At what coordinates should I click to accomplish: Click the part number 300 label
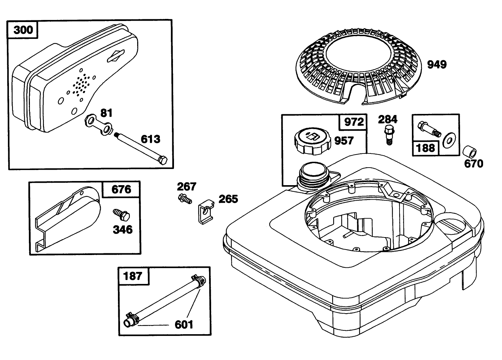23,30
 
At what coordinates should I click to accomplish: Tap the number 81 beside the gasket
106,113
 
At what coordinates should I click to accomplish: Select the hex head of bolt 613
163,160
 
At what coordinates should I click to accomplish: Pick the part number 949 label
437,65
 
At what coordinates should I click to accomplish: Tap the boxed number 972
354,122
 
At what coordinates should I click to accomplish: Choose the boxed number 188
425,148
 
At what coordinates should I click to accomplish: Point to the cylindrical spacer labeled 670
469,152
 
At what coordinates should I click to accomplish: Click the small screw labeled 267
185,199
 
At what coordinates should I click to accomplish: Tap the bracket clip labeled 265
206,212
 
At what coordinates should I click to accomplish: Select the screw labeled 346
121,215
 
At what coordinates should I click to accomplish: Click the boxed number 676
121,190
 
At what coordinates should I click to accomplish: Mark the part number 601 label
184,325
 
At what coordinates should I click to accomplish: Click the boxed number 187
133,276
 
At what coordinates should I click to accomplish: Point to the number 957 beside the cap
344,141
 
